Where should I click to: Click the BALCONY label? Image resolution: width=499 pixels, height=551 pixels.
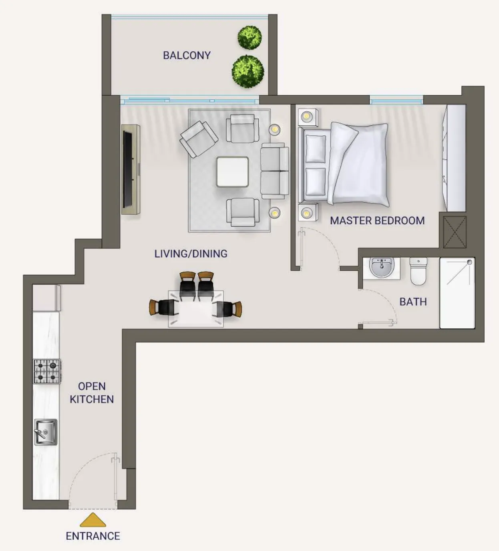pos(187,56)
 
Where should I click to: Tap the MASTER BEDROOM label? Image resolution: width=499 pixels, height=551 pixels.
pos(377,221)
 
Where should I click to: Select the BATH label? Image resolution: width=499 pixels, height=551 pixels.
pos(413,302)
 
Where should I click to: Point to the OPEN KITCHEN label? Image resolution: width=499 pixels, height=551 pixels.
pos(92,392)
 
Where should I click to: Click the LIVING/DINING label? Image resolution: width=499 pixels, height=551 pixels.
pos(191,253)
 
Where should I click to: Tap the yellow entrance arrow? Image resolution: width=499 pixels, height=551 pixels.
pos(93,520)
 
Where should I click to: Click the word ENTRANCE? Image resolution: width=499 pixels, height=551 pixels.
pos(93,536)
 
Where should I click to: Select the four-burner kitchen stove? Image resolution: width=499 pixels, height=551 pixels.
pos(47,371)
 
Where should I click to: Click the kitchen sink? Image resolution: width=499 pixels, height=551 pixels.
pos(46,432)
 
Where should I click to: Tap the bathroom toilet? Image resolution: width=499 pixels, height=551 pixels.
pos(418,271)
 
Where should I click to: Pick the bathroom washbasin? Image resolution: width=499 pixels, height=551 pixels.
pos(382,268)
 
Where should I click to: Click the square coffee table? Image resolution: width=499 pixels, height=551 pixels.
pos(232,172)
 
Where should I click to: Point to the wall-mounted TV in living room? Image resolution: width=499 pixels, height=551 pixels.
pos(128,169)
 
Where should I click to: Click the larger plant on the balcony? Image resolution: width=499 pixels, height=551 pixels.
pos(248,71)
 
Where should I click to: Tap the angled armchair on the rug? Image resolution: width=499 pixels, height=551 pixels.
pos(199,139)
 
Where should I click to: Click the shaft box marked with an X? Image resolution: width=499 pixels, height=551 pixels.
pos(455,232)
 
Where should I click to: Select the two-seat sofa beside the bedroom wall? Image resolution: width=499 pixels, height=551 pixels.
pos(275,171)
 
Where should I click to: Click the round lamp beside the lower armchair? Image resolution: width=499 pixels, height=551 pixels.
pos(274,213)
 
